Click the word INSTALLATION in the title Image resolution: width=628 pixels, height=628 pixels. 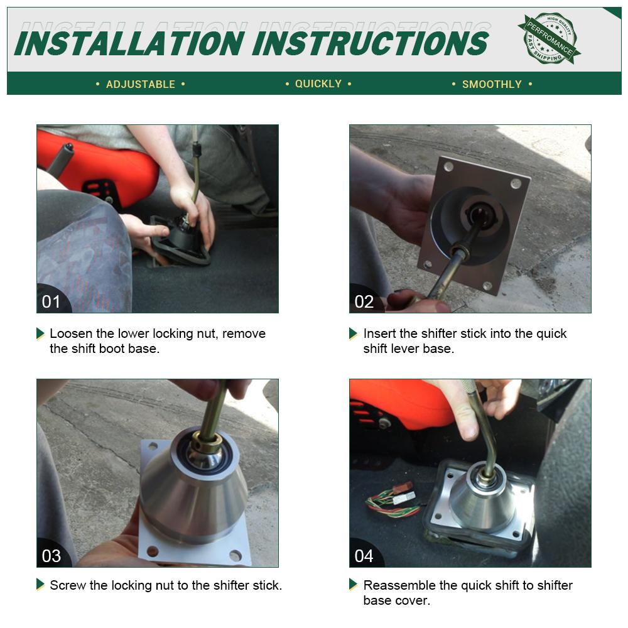129,43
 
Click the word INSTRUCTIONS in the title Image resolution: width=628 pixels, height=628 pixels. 371,43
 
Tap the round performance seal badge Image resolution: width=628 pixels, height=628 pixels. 549,38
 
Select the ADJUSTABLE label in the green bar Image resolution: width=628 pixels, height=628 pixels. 141,84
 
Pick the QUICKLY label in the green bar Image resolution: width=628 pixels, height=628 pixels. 318,84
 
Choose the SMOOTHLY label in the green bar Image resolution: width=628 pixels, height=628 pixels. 492,84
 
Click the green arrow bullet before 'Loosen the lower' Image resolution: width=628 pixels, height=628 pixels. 40,333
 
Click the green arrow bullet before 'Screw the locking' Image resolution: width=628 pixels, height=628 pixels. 40,584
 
